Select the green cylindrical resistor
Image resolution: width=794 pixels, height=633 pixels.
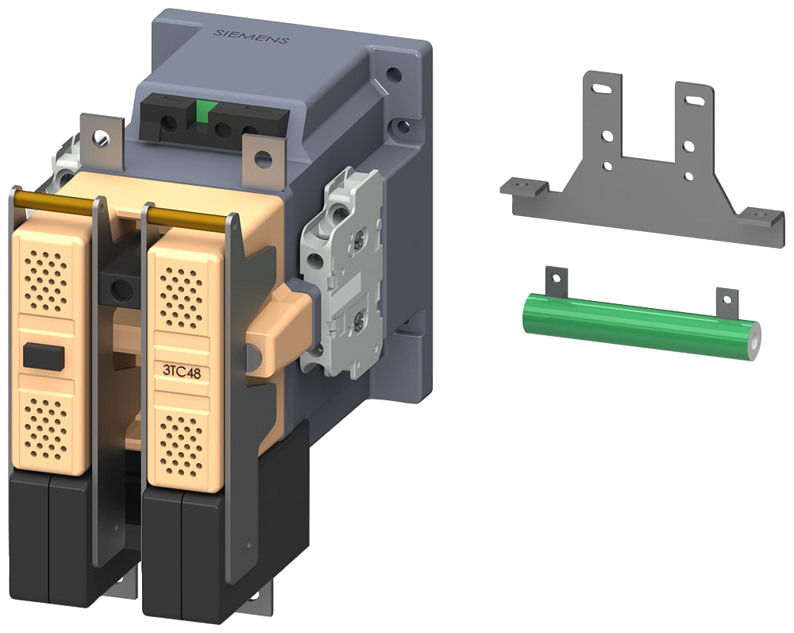tap(635, 325)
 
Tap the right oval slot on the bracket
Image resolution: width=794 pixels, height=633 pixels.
tap(694, 100)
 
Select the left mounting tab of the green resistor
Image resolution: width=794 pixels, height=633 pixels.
tap(557, 280)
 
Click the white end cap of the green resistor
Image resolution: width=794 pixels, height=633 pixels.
tap(751, 340)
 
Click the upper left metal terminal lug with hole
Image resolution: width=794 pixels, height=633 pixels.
tap(101, 139)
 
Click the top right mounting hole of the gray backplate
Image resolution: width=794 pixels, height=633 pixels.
tap(392, 77)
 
